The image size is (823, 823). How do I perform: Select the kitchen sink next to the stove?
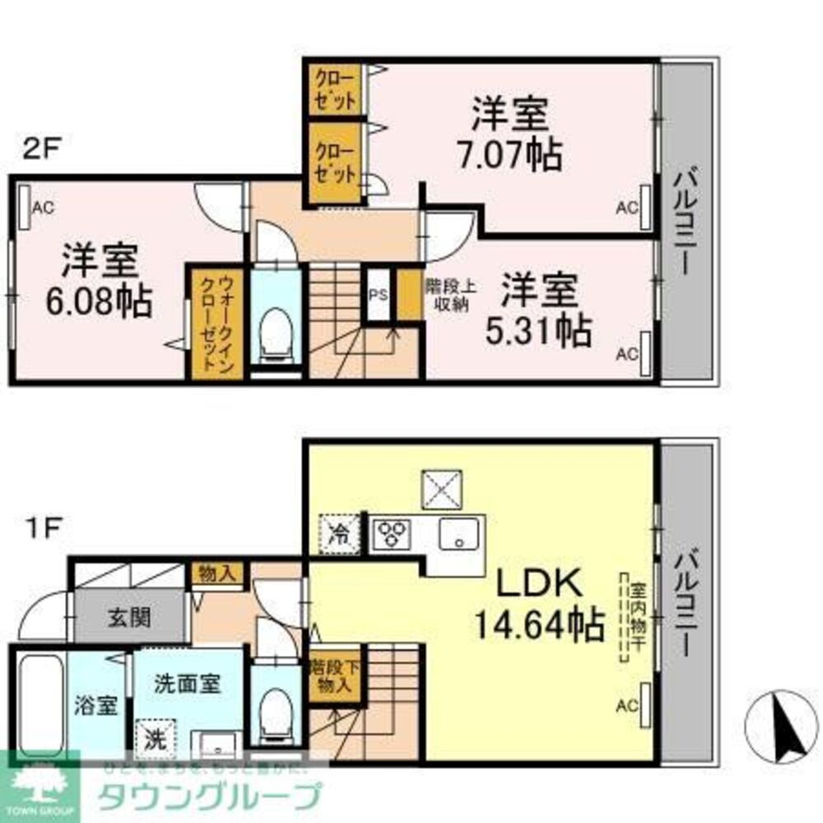coord(456,535)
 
